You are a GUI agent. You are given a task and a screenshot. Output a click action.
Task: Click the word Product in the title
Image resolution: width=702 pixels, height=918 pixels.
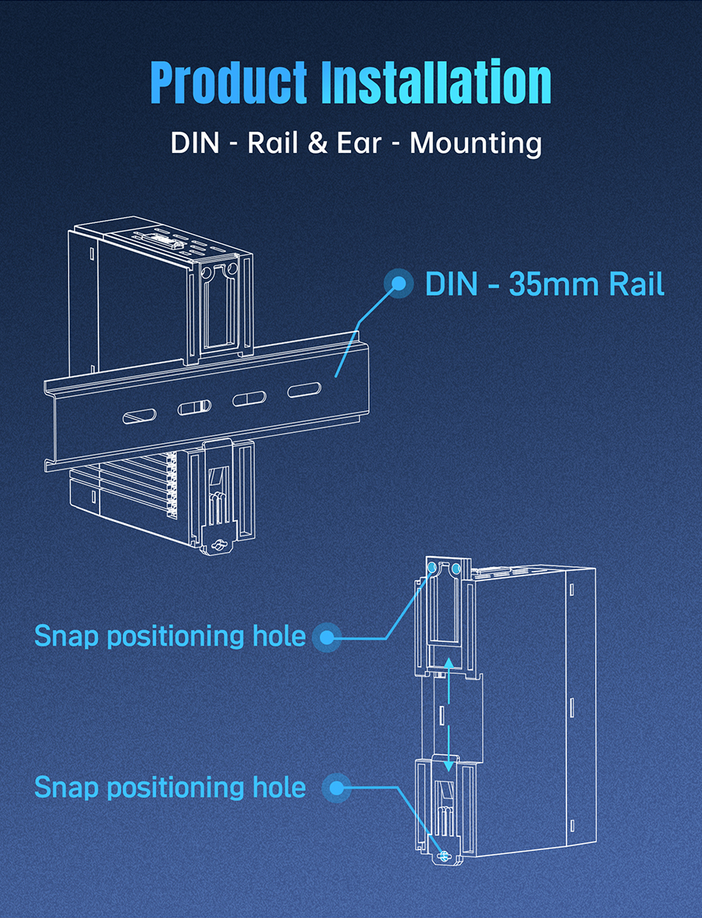[x=229, y=83]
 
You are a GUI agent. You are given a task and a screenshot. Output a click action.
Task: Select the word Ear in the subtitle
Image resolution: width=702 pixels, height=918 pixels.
[x=359, y=143]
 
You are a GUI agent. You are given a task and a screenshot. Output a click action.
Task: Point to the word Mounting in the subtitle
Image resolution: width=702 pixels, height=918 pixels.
[x=476, y=144]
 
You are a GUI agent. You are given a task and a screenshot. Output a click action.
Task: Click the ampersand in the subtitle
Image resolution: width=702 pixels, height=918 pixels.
[x=317, y=143]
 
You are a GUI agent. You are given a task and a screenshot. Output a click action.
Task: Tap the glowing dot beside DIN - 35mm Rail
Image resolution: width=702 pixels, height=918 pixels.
[x=399, y=283]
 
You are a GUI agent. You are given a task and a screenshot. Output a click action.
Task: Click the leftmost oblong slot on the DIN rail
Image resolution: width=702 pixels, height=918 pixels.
[x=140, y=416]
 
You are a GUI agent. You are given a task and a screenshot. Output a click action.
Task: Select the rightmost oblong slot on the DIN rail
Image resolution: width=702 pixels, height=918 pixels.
[x=304, y=389]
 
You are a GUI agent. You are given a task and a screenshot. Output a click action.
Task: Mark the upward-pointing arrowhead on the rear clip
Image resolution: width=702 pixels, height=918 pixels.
[x=448, y=662]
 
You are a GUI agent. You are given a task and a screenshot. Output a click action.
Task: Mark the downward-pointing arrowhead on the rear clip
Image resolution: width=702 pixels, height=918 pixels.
[x=448, y=766]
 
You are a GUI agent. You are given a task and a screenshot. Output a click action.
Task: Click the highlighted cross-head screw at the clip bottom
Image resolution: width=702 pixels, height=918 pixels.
[x=444, y=856]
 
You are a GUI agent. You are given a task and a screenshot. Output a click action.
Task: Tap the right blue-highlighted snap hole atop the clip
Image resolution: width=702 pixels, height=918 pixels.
[x=456, y=568]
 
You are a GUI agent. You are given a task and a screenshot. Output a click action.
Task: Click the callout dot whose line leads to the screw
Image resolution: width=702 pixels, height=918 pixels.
[x=337, y=788]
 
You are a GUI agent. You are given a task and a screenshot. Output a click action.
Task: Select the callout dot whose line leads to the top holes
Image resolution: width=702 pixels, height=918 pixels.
[x=327, y=637]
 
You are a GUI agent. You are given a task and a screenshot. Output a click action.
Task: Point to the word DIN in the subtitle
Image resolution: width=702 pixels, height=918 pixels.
[x=194, y=143]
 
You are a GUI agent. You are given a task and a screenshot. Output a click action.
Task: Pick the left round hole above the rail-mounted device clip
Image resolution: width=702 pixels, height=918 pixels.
[x=207, y=273]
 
